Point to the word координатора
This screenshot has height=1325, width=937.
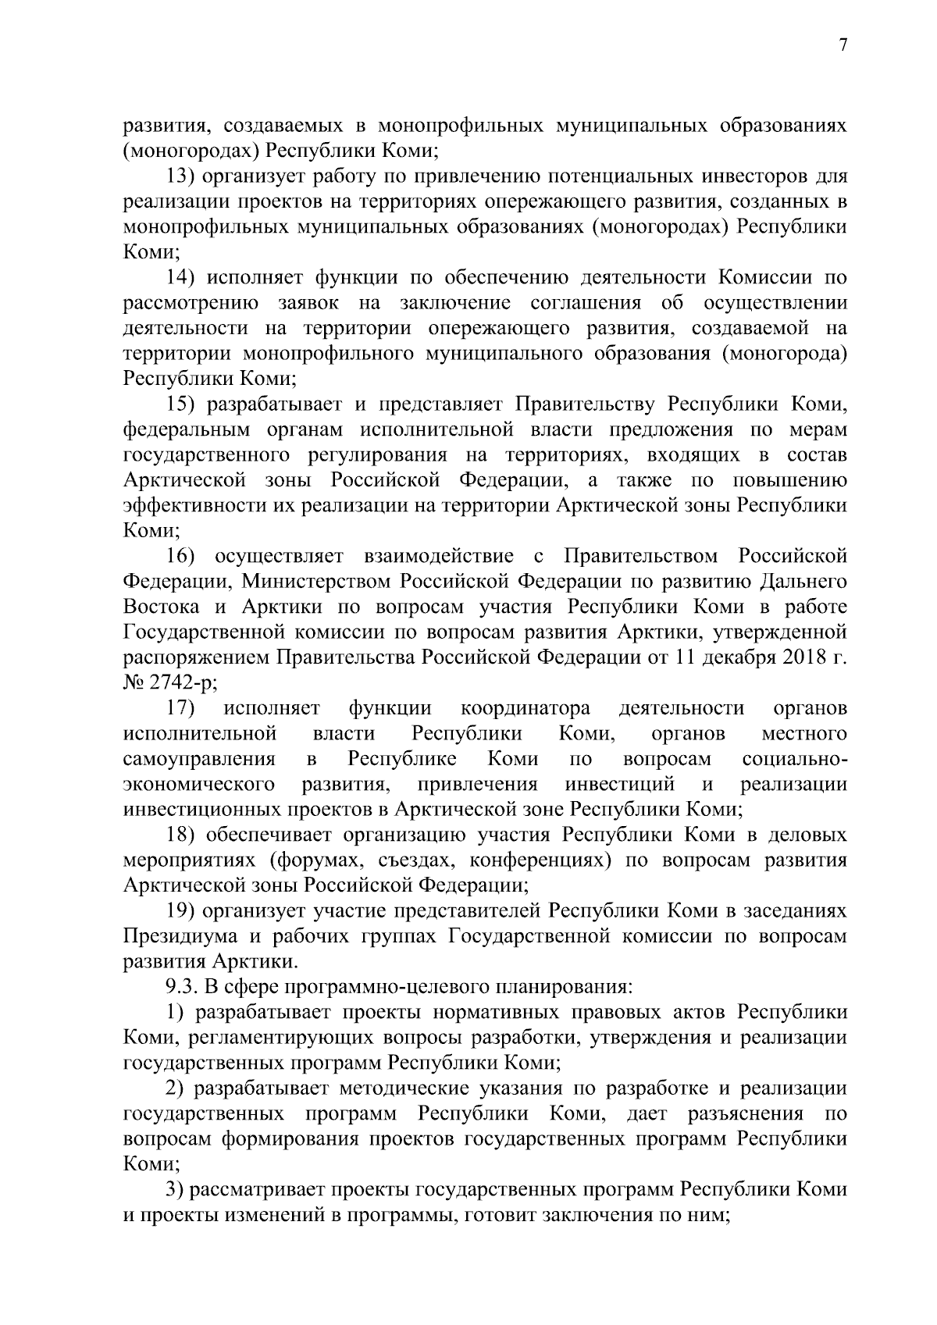pyautogui.click(x=525, y=708)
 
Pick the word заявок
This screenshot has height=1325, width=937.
pyautogui.click(x=309, y=303)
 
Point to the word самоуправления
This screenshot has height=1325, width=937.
pyautogui.click(x=199, y=759)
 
